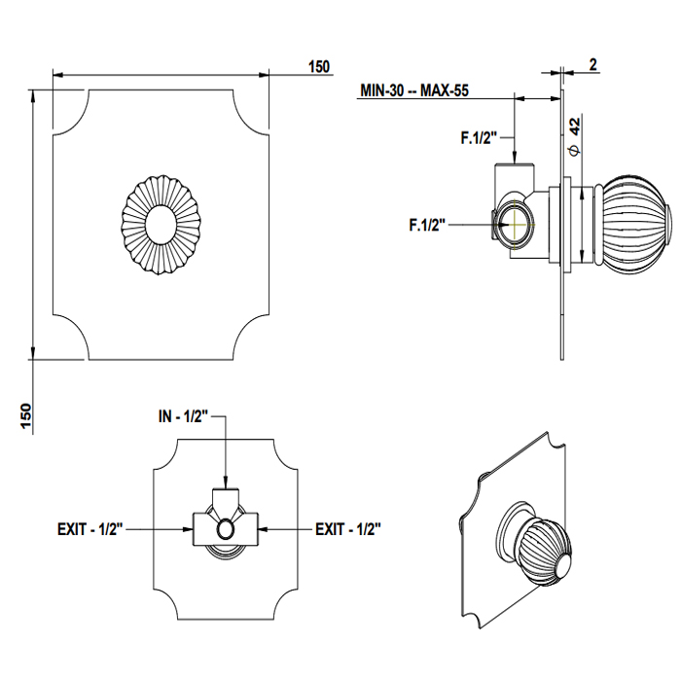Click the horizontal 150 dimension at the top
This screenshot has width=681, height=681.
coord(318,67)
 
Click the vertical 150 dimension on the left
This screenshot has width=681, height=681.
coord(26,415)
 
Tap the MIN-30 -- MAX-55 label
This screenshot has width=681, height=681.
coord(413,90)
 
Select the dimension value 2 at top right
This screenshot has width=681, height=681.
coord(592,65)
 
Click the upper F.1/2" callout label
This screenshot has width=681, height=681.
coord(479,138)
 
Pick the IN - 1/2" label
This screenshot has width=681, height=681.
coord(184,416)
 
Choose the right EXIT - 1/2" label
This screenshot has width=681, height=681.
coord(347,529)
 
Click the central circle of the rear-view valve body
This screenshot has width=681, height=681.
coord(226,529)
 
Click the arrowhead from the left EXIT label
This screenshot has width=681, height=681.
coord(189,529)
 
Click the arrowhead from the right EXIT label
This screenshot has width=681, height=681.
coord(264,529)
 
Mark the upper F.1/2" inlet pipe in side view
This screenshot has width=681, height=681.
coord(516,176)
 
